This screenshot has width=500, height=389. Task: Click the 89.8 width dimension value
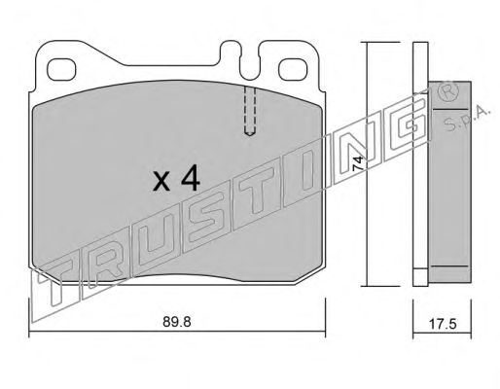(x=177, y=322)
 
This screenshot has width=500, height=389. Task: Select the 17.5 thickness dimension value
(x=443, y=324)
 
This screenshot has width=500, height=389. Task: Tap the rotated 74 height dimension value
(x=357, y=163)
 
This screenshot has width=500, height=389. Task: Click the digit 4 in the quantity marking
(x=191, y=180)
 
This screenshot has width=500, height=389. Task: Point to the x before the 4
(x=161, y=182)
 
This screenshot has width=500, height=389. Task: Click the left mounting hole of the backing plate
(x=61, y=69)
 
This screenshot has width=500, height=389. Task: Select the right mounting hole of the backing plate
(x=293, y=69)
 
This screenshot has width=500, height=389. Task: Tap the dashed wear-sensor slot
(x=249, y=110)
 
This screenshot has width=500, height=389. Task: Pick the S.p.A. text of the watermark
(x=467, y=119)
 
